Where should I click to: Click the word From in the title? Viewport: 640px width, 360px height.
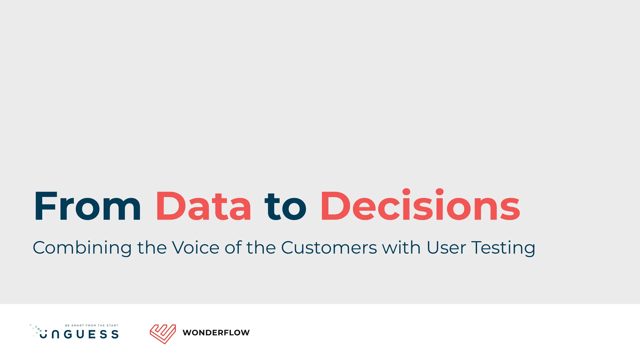[x=87, y=207]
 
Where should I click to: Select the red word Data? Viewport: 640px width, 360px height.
[x=203, y=207]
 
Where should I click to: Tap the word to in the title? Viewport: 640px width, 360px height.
[x=285, y=207]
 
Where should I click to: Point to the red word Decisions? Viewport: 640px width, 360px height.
[x=420, y=206]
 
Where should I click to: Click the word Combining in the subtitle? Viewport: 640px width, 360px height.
[x=82, y=248]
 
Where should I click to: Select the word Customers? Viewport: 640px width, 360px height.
[x=329, y=247]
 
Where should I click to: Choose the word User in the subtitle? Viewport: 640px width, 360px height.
[x=446, y=247]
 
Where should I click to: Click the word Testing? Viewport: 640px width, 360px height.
[x=503, y=248]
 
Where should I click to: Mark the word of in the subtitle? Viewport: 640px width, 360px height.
[x=233, y=247]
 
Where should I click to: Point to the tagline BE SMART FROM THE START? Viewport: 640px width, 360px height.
[x=92, y=326]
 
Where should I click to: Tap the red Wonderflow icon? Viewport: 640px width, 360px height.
[x=162, y=334]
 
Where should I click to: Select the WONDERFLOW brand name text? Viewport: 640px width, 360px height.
[x=216, y=333]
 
